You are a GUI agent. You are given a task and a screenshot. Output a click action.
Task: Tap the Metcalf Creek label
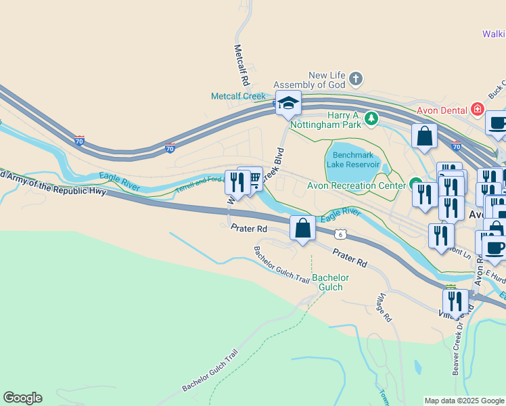238,96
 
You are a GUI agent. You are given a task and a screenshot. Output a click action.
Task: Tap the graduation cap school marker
288,104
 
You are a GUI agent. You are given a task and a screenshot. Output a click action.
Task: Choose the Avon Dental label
442,110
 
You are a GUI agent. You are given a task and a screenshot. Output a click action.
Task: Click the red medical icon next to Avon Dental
478,109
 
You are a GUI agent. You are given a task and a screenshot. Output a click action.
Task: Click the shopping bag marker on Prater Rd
302,228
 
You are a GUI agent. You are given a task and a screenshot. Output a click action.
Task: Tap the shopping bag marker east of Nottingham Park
424,136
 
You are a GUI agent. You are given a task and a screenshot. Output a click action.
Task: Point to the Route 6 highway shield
342,233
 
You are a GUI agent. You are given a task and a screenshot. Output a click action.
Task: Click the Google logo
23,398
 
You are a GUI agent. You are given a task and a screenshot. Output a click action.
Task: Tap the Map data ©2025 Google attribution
464,401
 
